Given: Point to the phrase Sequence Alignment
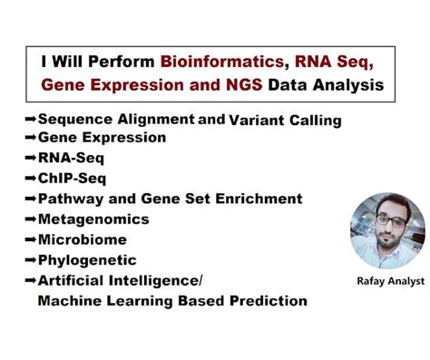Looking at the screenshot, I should point(116,119).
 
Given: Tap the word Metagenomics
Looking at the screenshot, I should point(93,219).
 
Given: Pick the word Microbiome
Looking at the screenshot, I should point(82,239).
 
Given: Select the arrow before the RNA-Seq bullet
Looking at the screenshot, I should point(30,158).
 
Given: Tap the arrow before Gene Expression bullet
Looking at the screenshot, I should point(30,138).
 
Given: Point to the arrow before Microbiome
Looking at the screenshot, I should point(30,239).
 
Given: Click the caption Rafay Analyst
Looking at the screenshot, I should point(390,281).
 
